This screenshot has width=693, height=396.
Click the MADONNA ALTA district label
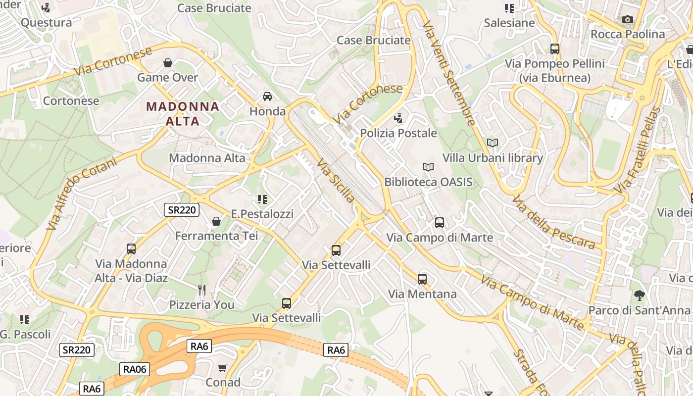point(183,114)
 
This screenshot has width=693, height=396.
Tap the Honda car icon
point(267,96)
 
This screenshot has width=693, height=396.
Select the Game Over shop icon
point(168,63)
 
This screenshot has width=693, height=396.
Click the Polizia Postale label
point(398,133)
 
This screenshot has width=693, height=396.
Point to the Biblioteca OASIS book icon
point(428,167)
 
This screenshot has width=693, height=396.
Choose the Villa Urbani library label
point(493,158)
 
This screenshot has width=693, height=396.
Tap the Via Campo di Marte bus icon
point(439,223)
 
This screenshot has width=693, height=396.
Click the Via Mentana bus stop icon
point(422,279)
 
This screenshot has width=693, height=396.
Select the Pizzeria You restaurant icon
point(201,290)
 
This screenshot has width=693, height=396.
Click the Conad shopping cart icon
point(223,368)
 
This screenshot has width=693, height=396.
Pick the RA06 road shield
point(134,369)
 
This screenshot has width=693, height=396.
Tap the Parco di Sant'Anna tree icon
point(639,296)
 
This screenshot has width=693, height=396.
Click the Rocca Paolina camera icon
point(628,19)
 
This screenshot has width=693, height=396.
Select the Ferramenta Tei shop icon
point(216,221)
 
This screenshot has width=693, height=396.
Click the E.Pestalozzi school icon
point(262,199)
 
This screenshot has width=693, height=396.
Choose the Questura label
point(46,22)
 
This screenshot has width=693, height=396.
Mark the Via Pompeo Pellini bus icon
point(554,49)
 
